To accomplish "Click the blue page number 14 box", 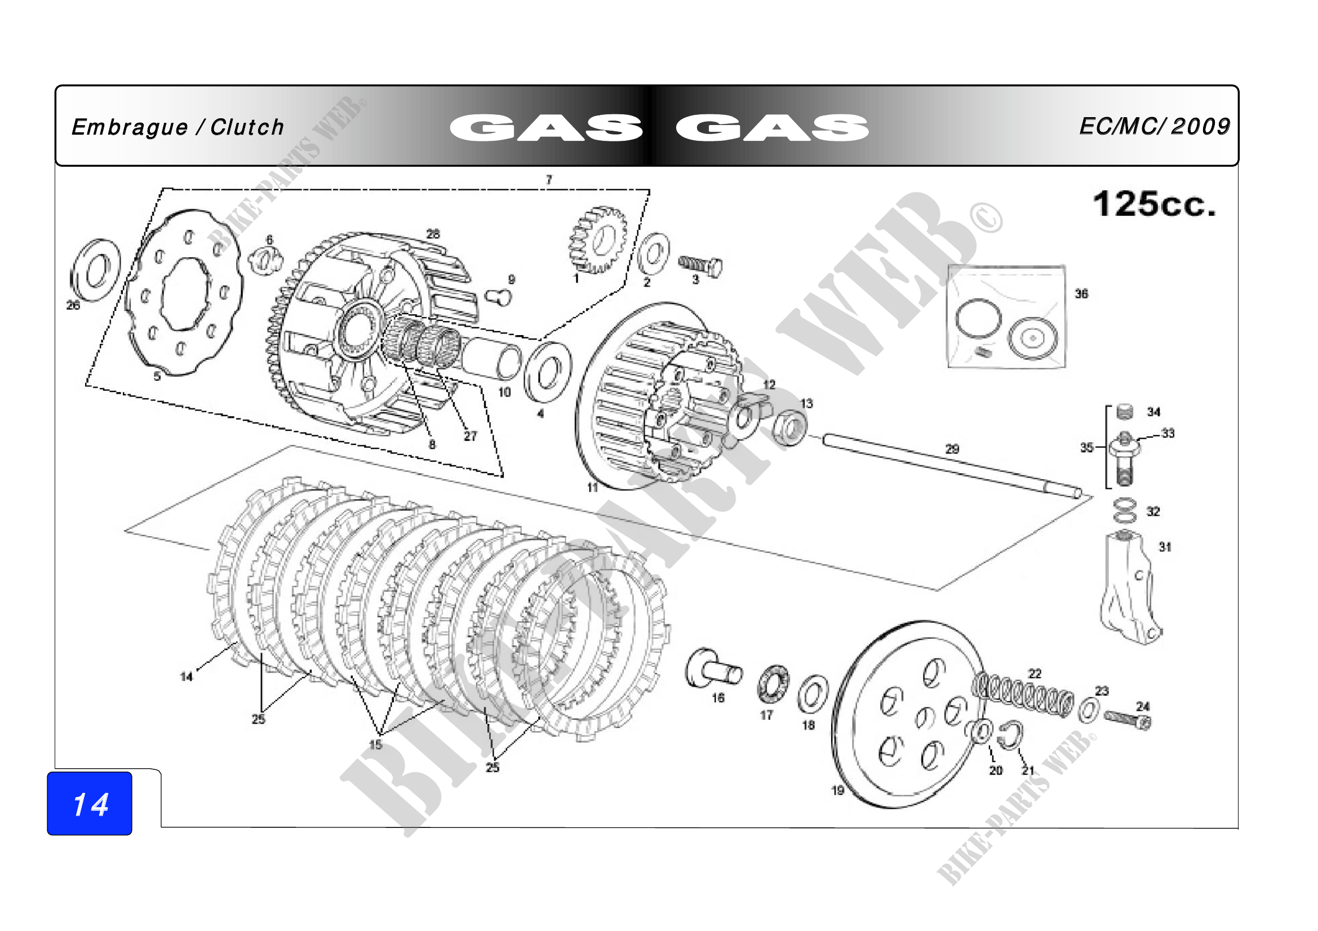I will [90, 803].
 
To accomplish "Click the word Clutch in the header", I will [247, 127].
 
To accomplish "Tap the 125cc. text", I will [1154, 204].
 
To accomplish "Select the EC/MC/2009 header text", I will [1155, 127].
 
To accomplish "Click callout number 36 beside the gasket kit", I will [1081, 293].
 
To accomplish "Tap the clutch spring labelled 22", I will [1023, 695].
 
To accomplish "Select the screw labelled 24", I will [1128, 719].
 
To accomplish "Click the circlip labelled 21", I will [1010, 736].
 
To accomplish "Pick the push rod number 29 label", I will [952, 448].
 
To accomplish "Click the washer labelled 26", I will [95, 270].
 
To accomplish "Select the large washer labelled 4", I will [548, 373].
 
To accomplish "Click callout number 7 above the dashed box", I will [549, 180].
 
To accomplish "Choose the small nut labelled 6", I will [266, 259].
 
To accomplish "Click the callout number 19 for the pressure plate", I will [837, 790].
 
